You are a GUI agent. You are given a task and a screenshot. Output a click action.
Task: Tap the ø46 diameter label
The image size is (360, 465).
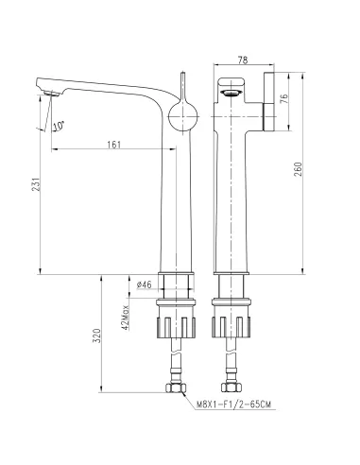(x=144, y=284)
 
